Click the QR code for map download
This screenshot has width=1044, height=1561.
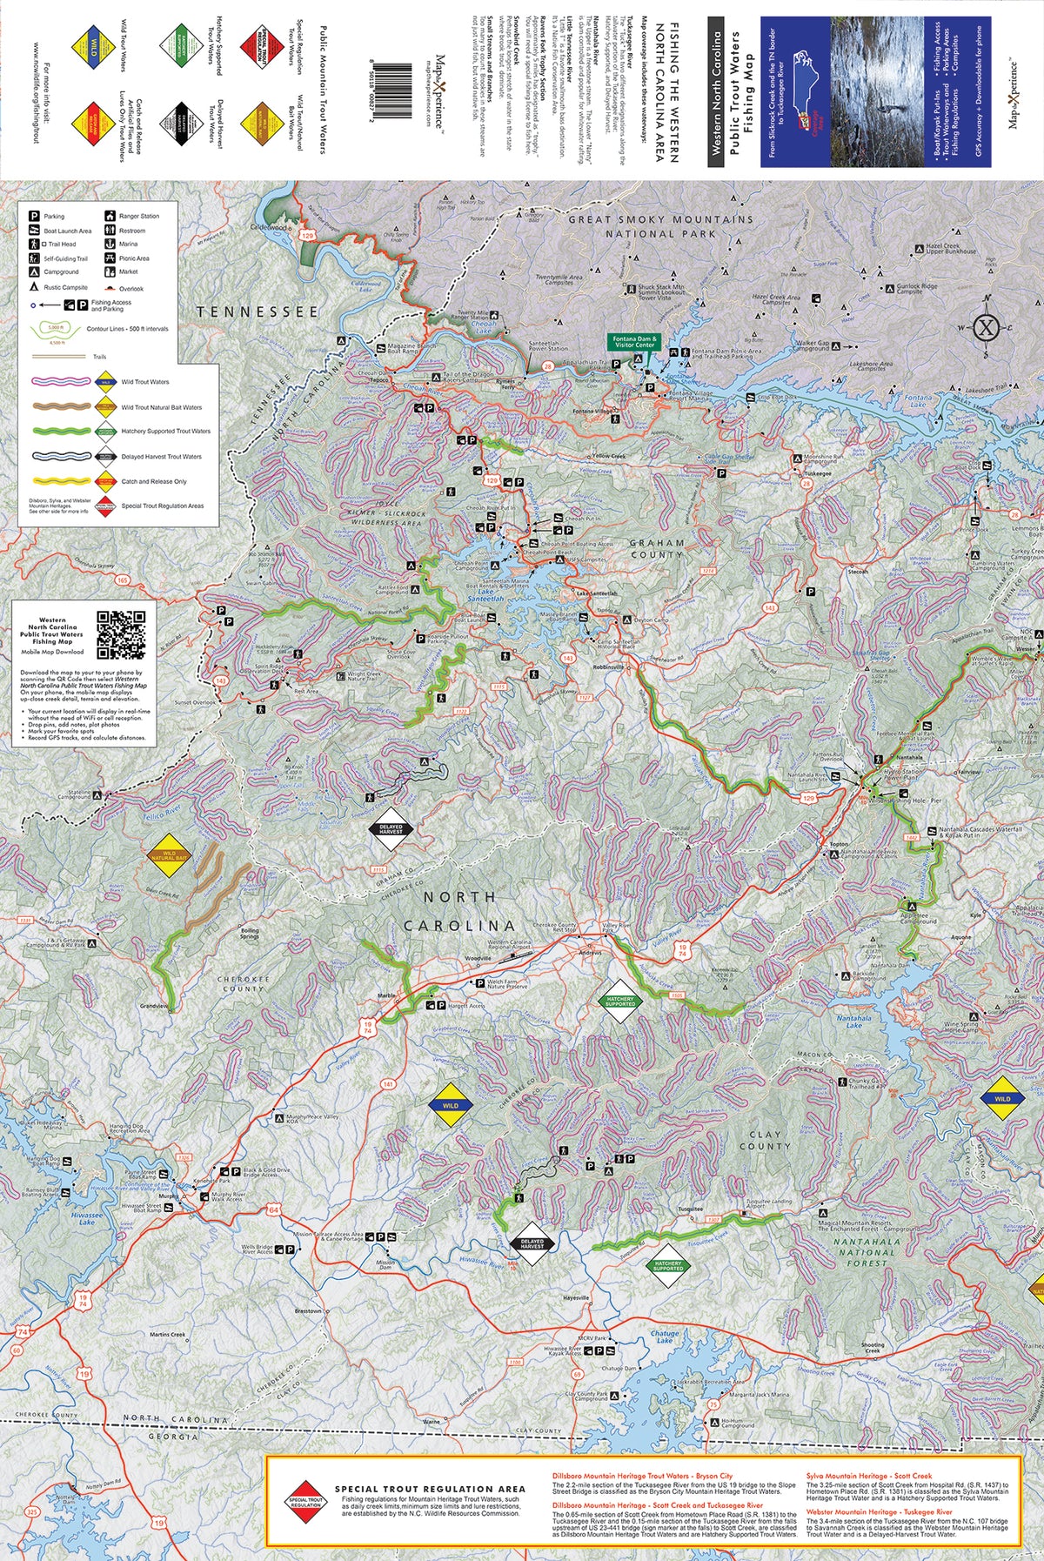[120, 635]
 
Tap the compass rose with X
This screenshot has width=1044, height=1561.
[986, 327]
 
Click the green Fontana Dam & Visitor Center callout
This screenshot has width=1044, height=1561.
[634, 342]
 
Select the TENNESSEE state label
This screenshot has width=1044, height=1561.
[258, 312]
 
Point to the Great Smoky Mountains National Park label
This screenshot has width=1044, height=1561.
[660, 226]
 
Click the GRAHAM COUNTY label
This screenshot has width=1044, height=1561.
[657, 548]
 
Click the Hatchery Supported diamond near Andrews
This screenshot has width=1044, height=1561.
[620, 1000]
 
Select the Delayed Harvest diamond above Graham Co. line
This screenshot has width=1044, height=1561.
[391, 830]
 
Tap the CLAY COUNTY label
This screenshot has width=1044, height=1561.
[765, 1140]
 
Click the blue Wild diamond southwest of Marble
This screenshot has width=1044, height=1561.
[450, 1106]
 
